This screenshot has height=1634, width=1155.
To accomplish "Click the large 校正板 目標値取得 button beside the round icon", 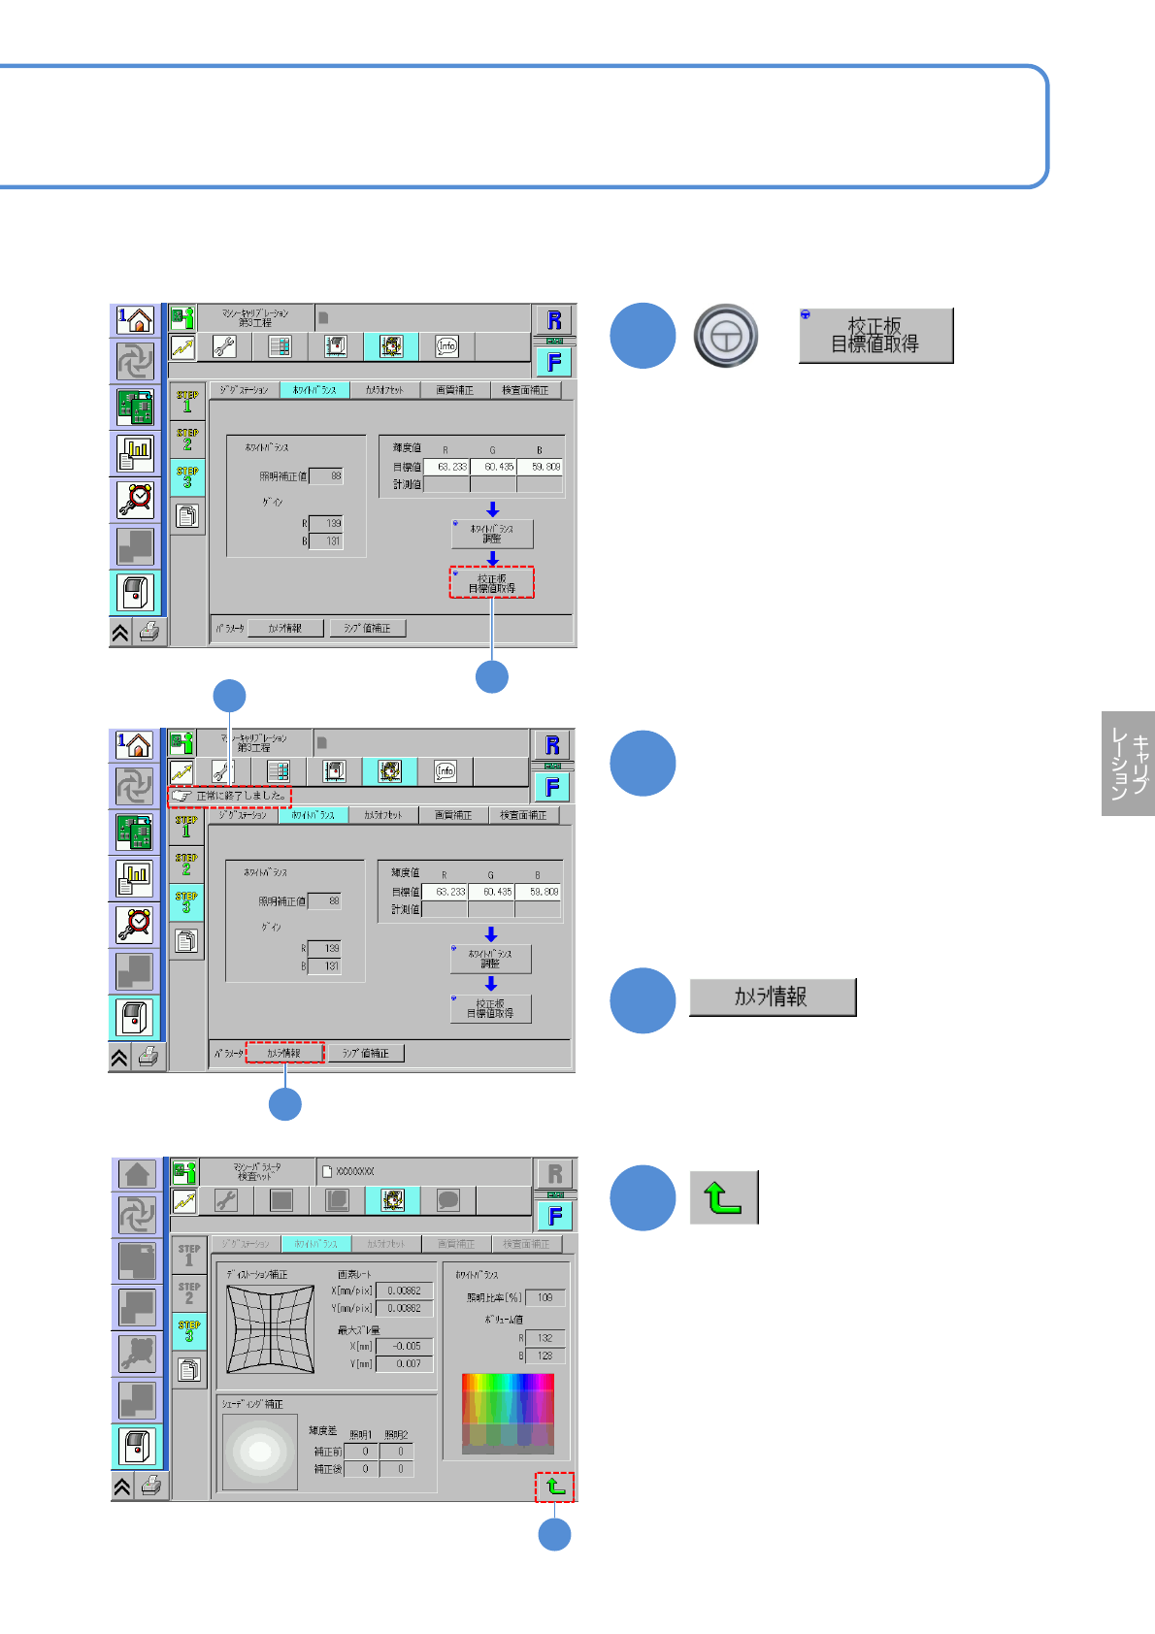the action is (875, 336).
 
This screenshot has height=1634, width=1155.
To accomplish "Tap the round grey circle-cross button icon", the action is (726, 337).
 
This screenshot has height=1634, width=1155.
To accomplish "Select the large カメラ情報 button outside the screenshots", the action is (773, 997).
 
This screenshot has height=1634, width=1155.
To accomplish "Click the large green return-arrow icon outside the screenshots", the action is (723, 1197).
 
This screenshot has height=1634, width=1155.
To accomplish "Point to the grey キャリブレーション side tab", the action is (1128, 764).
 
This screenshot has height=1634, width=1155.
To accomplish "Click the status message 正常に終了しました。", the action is (241, 796).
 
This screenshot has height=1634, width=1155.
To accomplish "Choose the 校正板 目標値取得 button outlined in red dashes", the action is (492, 583).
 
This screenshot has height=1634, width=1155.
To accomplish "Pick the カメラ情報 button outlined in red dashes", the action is (284, 1053).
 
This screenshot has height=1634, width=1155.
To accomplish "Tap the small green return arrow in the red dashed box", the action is (555, 1487).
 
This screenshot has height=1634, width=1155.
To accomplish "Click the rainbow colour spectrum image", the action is (508, 1413).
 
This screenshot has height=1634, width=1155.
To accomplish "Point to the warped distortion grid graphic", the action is (271, 1329).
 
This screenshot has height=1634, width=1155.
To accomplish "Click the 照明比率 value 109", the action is (544, 1297).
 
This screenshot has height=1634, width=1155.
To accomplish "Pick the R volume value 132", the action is (544, 1338).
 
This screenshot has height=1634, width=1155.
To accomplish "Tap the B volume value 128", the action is (544, 1356).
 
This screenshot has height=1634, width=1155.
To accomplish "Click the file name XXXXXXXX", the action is (355, 1172).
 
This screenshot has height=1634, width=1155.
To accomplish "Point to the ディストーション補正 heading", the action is (257, 1274).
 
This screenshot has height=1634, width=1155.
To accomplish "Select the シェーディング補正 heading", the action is (252, 1404).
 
